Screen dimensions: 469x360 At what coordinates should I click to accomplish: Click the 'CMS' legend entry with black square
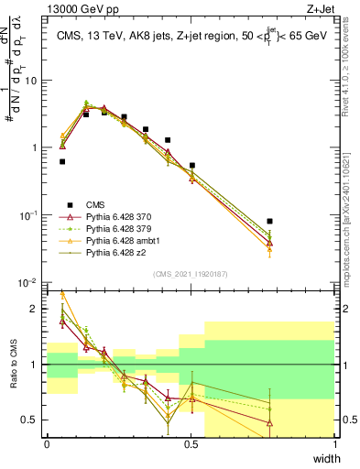coord(96,204)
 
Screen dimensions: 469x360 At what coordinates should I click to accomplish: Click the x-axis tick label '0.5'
coord(191,444)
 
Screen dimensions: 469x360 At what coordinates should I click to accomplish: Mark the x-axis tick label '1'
coord(334,444)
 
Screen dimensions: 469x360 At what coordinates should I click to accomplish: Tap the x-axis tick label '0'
coord(47,444)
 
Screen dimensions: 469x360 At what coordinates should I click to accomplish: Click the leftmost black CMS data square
coord(62,161)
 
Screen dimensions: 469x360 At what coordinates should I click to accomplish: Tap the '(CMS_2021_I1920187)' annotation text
coord(191,274)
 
